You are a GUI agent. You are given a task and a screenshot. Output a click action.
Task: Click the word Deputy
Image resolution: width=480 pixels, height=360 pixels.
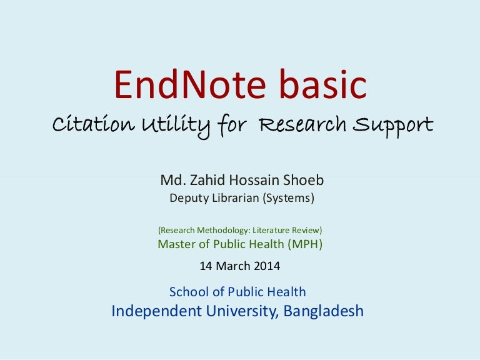(x=187, y=199)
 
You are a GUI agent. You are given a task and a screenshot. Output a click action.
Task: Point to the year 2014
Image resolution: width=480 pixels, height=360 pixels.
(x=267, y=266)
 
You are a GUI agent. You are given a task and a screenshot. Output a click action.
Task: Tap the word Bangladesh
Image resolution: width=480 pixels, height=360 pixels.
(x=323, y=311)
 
